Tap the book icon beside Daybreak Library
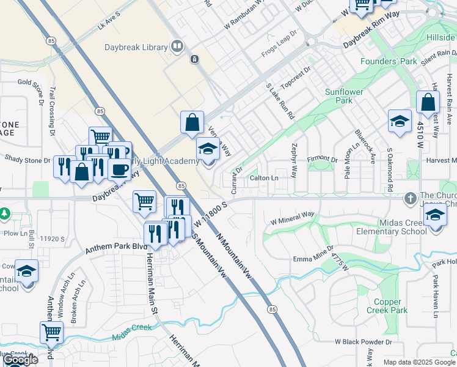[177, 46]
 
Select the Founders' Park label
[389, 62]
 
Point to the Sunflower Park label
[344, 96]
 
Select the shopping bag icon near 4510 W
[428, 102]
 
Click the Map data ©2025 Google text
[419, 362]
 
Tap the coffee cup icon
[120, 168]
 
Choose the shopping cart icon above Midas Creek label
[52, 332]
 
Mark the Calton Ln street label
[264, 178]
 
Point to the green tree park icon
[4, 213]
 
